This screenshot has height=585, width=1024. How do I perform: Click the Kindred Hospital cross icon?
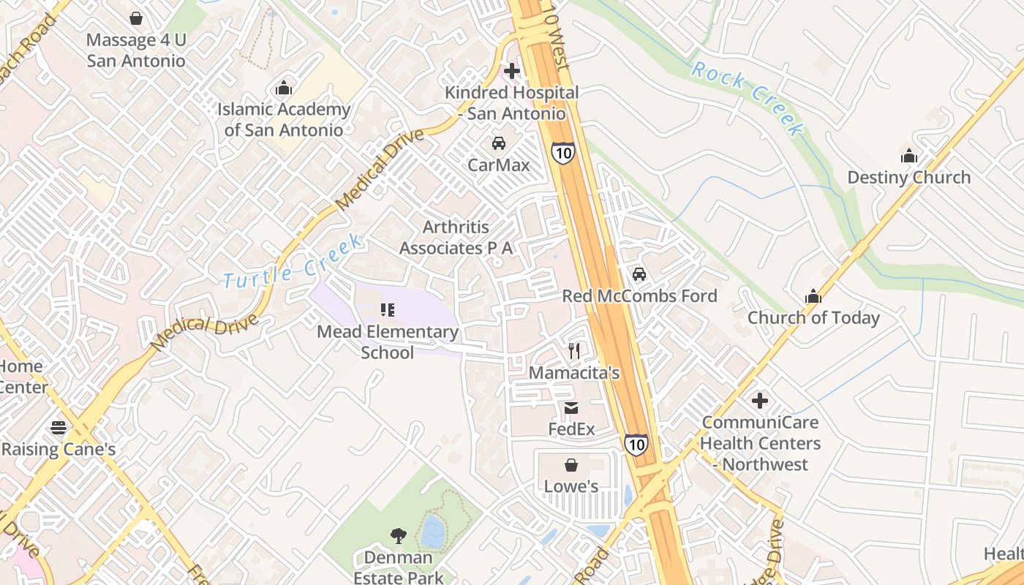point(512,71)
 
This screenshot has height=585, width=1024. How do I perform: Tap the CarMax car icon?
point(499,143)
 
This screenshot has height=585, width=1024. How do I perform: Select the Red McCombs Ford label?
point(639,296)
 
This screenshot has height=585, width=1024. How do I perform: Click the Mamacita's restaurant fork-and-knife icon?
point(574,351)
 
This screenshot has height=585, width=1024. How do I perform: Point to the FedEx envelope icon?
point(571,408)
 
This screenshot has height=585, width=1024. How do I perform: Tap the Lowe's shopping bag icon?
point(571,465)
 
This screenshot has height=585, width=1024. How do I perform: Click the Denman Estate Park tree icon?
point(398,536)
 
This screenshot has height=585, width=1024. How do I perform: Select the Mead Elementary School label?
point(388,342)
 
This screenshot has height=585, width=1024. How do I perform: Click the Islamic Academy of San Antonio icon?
point(284,88)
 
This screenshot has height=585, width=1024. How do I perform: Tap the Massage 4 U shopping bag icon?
point(136,18)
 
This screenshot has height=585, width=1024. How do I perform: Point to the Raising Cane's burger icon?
point(59,428)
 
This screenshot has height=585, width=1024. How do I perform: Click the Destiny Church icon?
point(909,156)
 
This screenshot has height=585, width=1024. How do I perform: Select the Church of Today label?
point(813,318)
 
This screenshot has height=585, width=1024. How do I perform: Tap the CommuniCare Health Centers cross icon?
point(761,401)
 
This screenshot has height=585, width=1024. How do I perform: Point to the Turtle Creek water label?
point(293,261)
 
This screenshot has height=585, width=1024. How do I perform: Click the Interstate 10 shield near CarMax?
point(562,152)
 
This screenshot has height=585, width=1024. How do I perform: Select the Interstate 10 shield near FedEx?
point(636,444)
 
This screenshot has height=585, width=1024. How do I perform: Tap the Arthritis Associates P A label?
point(456,238)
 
